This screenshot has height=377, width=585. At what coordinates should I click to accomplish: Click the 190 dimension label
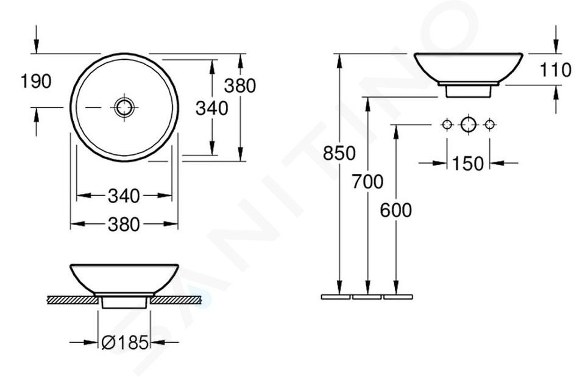pyautogui.click(x=36, y=81)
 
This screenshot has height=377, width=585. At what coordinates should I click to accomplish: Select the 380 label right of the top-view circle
pyautogui.click(x=240, y=85)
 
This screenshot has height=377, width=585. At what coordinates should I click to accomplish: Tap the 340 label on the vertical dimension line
pyautogui.click(x=212, y=109)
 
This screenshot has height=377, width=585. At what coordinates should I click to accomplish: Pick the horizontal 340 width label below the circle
pyautogui.click(x=124, y=196)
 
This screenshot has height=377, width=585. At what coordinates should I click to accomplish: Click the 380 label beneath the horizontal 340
pyautogui.click(x=124, y=224)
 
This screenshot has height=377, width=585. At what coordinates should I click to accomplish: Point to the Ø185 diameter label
pyautogui.click(x=125, y=342)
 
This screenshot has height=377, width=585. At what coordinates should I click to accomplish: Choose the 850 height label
pyautogui.click(x=339, y=153)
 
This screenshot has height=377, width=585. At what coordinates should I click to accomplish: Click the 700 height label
pyautogui.click(x=367, y=182)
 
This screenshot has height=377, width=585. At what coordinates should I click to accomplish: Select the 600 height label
pyautogui.click(x=396, y=210)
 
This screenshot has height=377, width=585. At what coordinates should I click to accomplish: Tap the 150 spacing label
pyautogui.click(x=468, y=163)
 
